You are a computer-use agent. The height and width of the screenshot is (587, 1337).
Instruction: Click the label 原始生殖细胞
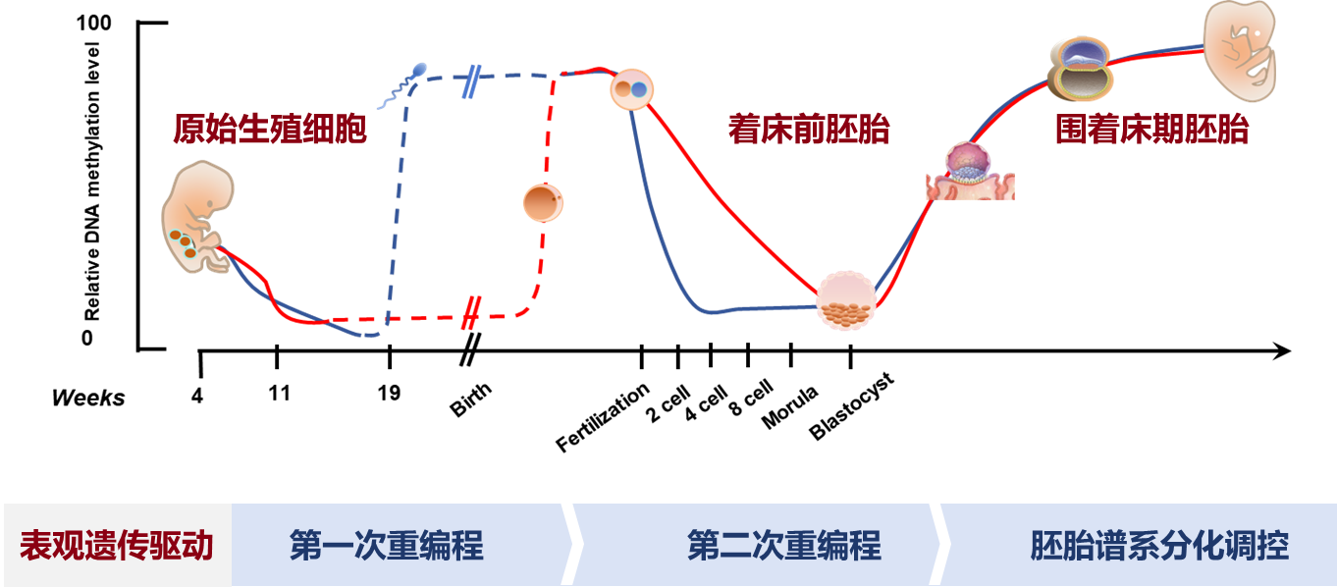click(270, 129)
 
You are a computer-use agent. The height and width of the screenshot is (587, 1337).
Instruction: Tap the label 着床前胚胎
click(808, 129)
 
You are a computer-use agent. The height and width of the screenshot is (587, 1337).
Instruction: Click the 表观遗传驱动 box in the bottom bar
click(117, 546)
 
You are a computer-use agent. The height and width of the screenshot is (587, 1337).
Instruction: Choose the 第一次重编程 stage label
click(386, 546)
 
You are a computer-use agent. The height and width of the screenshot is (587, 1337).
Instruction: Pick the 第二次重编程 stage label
click(783, 546)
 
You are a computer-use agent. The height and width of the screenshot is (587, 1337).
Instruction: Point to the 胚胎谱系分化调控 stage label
click(1158, 546)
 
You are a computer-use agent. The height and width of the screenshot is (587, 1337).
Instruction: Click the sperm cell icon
click(403, 86)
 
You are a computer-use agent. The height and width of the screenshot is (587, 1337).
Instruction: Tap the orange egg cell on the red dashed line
click(543, 203)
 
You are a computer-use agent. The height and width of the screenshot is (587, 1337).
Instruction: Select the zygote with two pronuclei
click(631, 89)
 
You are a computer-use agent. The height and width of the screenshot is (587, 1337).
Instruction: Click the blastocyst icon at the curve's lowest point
click(846, 300)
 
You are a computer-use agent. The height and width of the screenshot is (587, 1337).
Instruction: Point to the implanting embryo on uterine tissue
click(969, 173)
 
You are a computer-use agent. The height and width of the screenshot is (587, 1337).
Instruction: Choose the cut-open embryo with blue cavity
click(1080, 69)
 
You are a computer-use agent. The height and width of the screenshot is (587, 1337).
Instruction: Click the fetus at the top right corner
click(1241, 49)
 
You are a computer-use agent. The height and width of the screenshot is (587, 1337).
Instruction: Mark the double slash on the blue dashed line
click(469, 81)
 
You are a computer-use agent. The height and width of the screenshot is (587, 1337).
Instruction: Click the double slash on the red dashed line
click(471, 313)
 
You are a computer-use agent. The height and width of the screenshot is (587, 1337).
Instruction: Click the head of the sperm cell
click(421, 69)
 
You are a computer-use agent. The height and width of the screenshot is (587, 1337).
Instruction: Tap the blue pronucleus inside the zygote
click(639, 89)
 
